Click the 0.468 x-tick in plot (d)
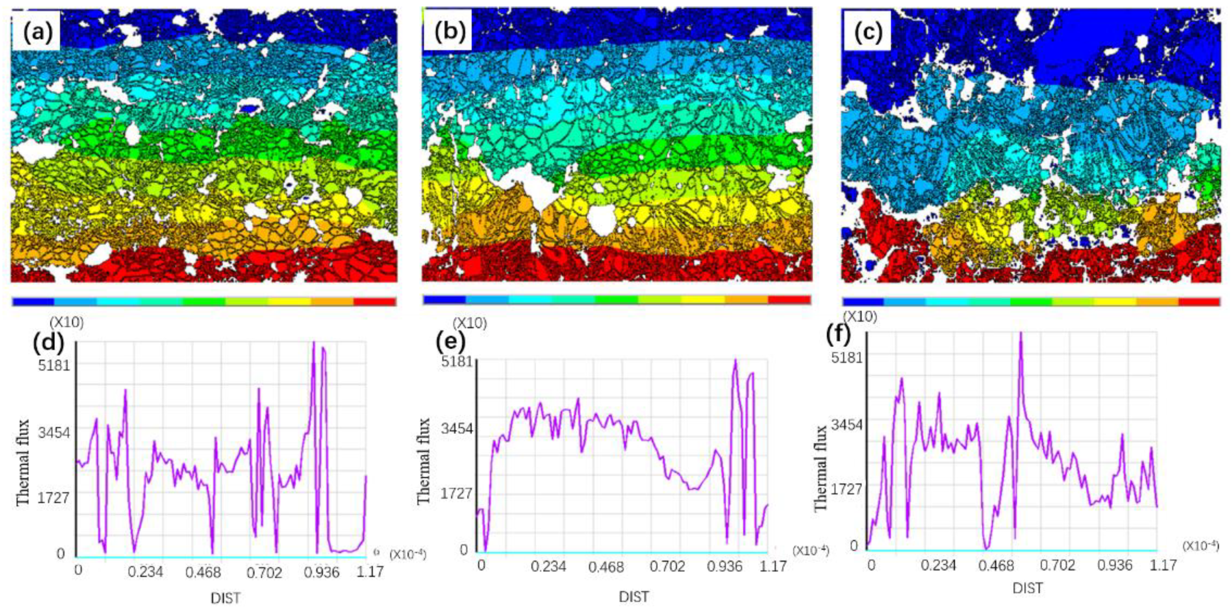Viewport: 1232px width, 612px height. [207, 572]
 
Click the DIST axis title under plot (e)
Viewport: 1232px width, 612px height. [634, 597]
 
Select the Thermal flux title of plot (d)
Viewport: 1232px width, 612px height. [23, 462]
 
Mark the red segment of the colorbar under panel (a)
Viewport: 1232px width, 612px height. [375, 302]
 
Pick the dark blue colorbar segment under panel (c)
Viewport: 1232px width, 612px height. [863, 302]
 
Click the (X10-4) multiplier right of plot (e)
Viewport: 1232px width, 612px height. [810, 551]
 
